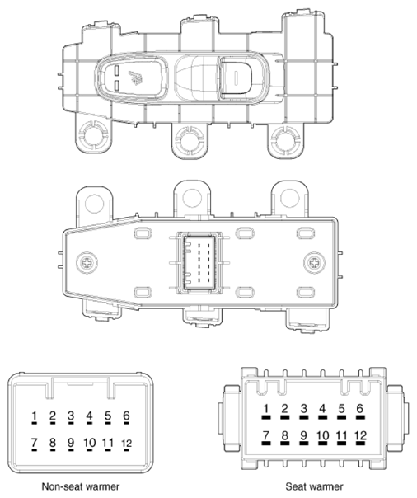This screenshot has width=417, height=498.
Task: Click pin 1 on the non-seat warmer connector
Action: tap(34, 416)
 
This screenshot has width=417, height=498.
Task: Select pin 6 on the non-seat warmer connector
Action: tap(126, 416)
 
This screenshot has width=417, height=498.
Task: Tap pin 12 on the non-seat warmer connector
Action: tap(126, 444)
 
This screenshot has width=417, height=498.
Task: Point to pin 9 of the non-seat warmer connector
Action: tap(71, 444)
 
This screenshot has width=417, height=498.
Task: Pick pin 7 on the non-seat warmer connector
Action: tap(34, 444)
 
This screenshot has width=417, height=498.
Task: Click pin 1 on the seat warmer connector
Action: tap(266, 409)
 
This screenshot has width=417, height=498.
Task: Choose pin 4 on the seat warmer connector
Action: tap(322, 409)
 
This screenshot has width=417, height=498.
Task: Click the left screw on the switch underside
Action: tap(87, 262)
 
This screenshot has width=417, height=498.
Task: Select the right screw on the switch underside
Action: tap(313, 262)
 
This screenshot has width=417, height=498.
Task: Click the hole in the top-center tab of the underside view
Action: tap(192, 197)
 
